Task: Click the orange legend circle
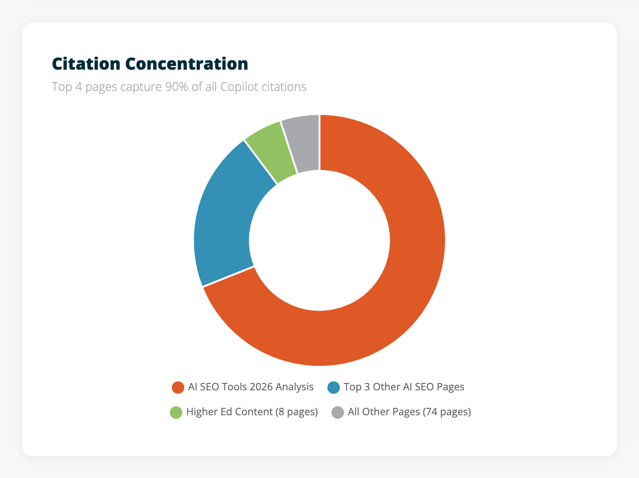click(x=178, y=388)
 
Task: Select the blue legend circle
click(x=333, y=388)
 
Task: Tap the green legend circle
click(x=176, y=412)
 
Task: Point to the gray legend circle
click(x=338, y=412)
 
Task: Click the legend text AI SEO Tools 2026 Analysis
click(x=251, y=387)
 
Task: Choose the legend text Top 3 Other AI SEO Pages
click(x=404, y=387)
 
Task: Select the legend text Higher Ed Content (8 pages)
click(x=252, y=412)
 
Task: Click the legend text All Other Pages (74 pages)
click(x=409, y=412)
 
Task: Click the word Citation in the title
click(x=86, y=64)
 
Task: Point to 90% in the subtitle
click(x=176, y=87)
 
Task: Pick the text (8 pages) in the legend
click(x=297, y=412)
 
